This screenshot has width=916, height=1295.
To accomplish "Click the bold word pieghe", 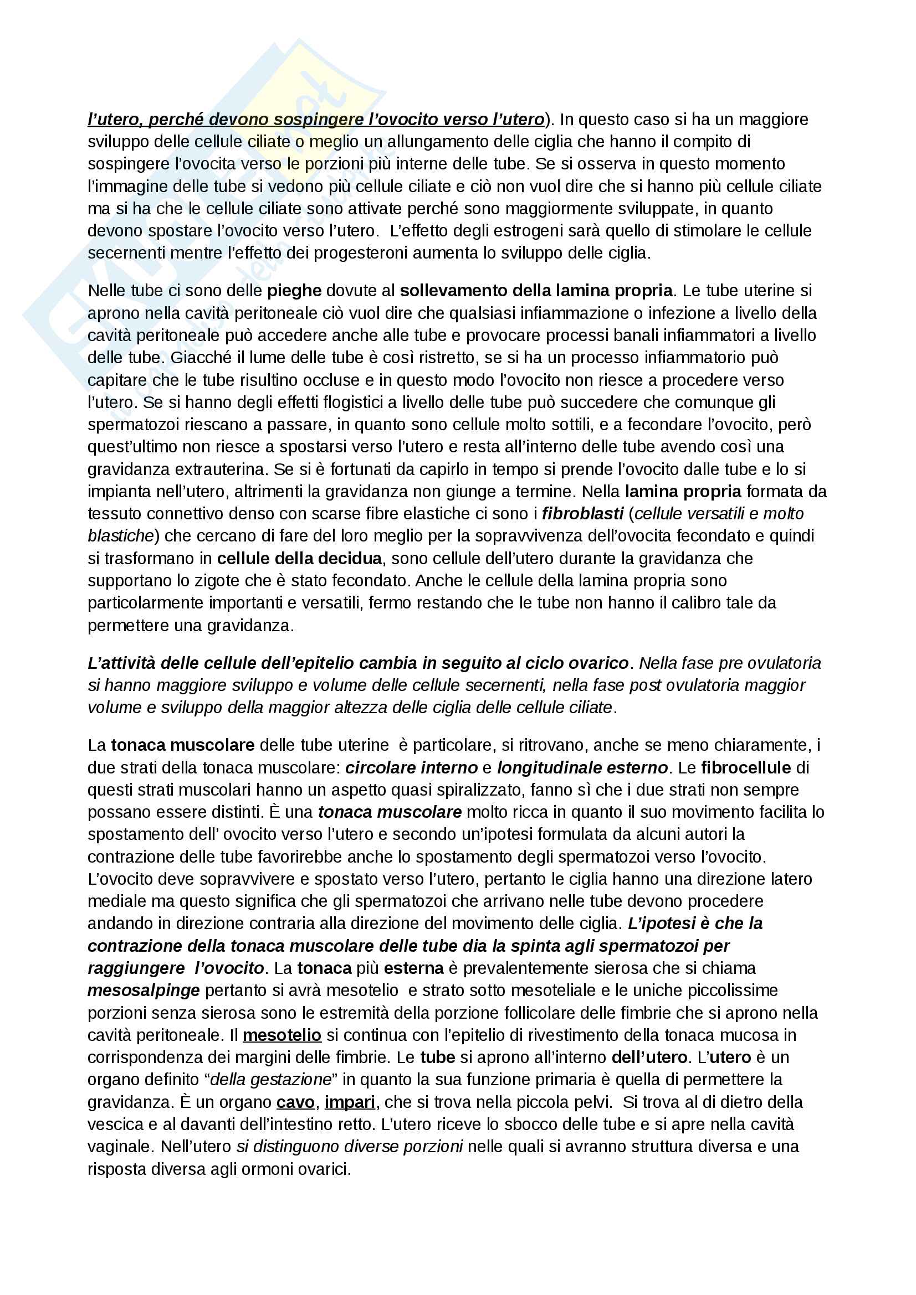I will pyautogui.click(x=294, y=291).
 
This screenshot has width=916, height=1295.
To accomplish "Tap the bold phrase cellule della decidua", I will pyautogui.click(x=299, y=559).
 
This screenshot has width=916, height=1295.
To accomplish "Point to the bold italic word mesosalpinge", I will pyautogui.click(x=144, y=990).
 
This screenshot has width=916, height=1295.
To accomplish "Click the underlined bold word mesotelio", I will pyautogui.click(x=282, y=1035).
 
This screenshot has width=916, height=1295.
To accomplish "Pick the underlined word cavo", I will pyautogui.click(x=295, y=1102).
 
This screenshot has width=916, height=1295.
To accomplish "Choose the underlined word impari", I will pyautogui.click(x=349, y=1102).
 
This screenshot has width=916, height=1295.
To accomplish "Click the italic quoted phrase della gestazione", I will pyautogui.click(x=270, y=1080).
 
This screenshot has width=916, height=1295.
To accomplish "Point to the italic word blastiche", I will pyautogui.click(x=120, y=536).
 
